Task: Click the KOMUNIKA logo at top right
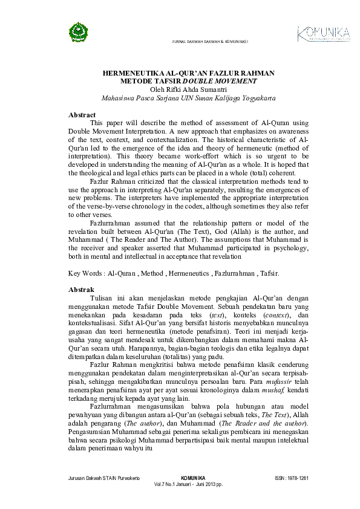tap(323, 33)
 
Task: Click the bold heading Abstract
tap(82, 115)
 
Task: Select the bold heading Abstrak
tap(82, 290)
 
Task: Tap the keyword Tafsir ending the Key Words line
tap(267, 273)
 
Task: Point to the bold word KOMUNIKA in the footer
tap(193, 478)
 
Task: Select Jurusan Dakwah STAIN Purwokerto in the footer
tap(105, 478)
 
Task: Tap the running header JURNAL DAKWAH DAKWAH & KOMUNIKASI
tap(211, 42)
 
